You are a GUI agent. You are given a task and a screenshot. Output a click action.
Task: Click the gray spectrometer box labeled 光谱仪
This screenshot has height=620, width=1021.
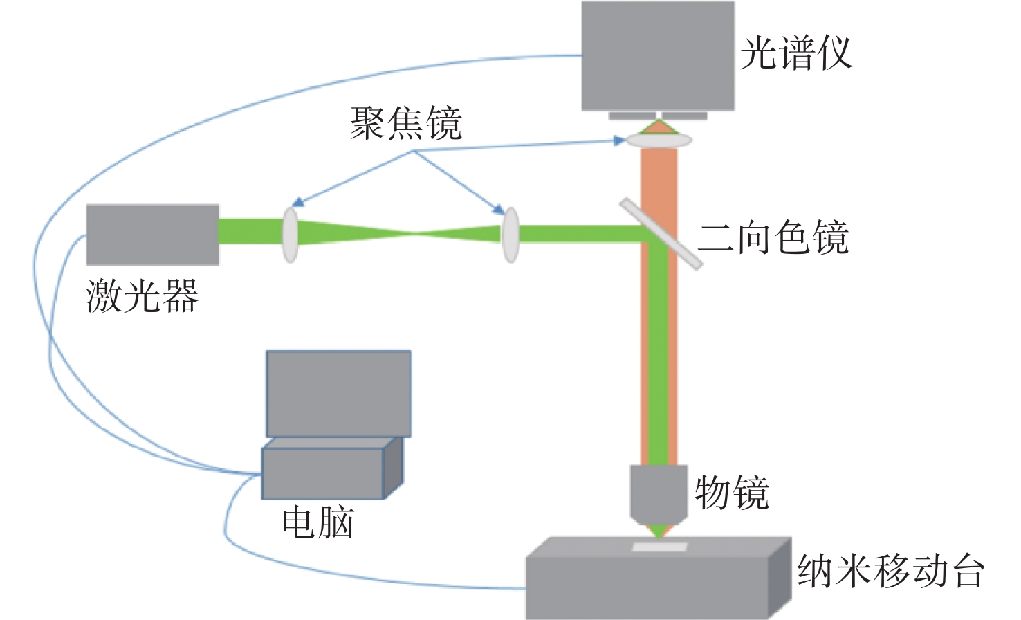pos(658,56)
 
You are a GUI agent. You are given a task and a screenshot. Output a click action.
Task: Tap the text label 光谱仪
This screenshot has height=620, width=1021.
pos(795,53)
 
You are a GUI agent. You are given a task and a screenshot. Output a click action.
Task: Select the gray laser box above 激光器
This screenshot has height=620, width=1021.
pos(153,235)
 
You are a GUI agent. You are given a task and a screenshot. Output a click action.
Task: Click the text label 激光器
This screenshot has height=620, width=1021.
pos(142,296)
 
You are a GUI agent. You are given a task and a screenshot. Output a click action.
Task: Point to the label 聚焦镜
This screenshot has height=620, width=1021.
pos(405,123)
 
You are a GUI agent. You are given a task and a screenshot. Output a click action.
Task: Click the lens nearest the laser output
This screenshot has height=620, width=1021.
pos(291,235)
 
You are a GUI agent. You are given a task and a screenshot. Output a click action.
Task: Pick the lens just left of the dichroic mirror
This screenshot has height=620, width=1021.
pos(510,235)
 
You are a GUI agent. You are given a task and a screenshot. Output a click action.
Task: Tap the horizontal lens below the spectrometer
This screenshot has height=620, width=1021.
pos(658,140)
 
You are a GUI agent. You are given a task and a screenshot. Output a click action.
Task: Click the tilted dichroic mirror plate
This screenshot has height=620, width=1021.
pos(661,233)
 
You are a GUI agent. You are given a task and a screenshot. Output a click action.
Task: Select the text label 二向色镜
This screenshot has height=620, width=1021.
pos(773,237)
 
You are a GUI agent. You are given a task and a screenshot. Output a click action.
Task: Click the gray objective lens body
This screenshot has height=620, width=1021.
pos(658,495)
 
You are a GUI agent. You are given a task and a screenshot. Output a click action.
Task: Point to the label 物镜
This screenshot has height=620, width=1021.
pos(732,493)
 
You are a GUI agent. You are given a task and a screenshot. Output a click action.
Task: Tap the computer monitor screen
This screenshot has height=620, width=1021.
pos(339,394)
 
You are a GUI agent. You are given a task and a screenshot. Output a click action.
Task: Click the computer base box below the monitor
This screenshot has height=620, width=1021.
pos(332,468)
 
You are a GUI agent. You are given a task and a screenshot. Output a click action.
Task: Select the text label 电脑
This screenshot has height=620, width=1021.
pos(318,522)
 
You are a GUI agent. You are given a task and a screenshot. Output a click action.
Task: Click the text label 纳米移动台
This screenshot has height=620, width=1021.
pos(891,570)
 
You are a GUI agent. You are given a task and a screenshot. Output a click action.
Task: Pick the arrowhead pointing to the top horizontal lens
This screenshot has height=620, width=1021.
pos(619,140)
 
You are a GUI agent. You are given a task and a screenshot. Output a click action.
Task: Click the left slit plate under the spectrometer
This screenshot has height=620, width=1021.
pos(632,116)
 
